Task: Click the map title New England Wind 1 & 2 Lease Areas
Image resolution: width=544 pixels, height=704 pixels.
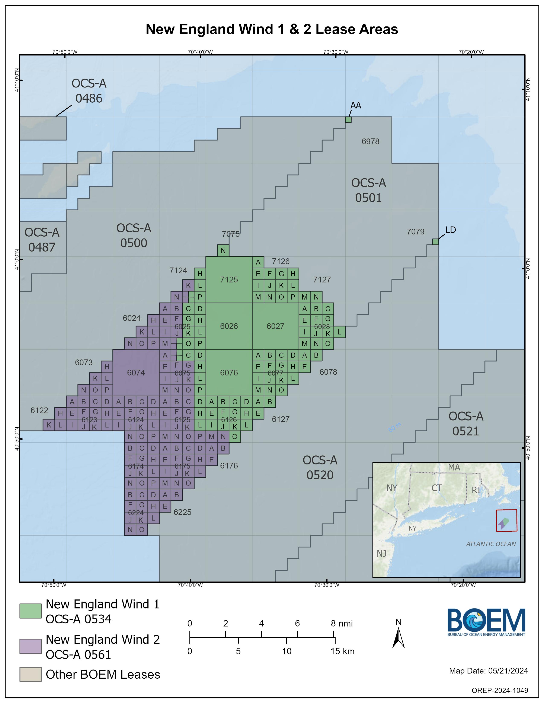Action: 272,29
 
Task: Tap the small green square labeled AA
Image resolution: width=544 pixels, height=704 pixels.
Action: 348,120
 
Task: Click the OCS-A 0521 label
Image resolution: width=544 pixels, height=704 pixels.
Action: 466,423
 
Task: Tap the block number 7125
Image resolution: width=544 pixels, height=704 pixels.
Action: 229,279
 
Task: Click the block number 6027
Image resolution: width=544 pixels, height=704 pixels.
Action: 275,326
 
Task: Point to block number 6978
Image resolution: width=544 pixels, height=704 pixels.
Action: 370,141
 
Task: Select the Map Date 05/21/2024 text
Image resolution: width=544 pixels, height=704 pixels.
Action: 488,671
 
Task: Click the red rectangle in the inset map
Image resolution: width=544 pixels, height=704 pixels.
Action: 506,520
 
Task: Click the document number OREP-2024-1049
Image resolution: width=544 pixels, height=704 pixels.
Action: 500,690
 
